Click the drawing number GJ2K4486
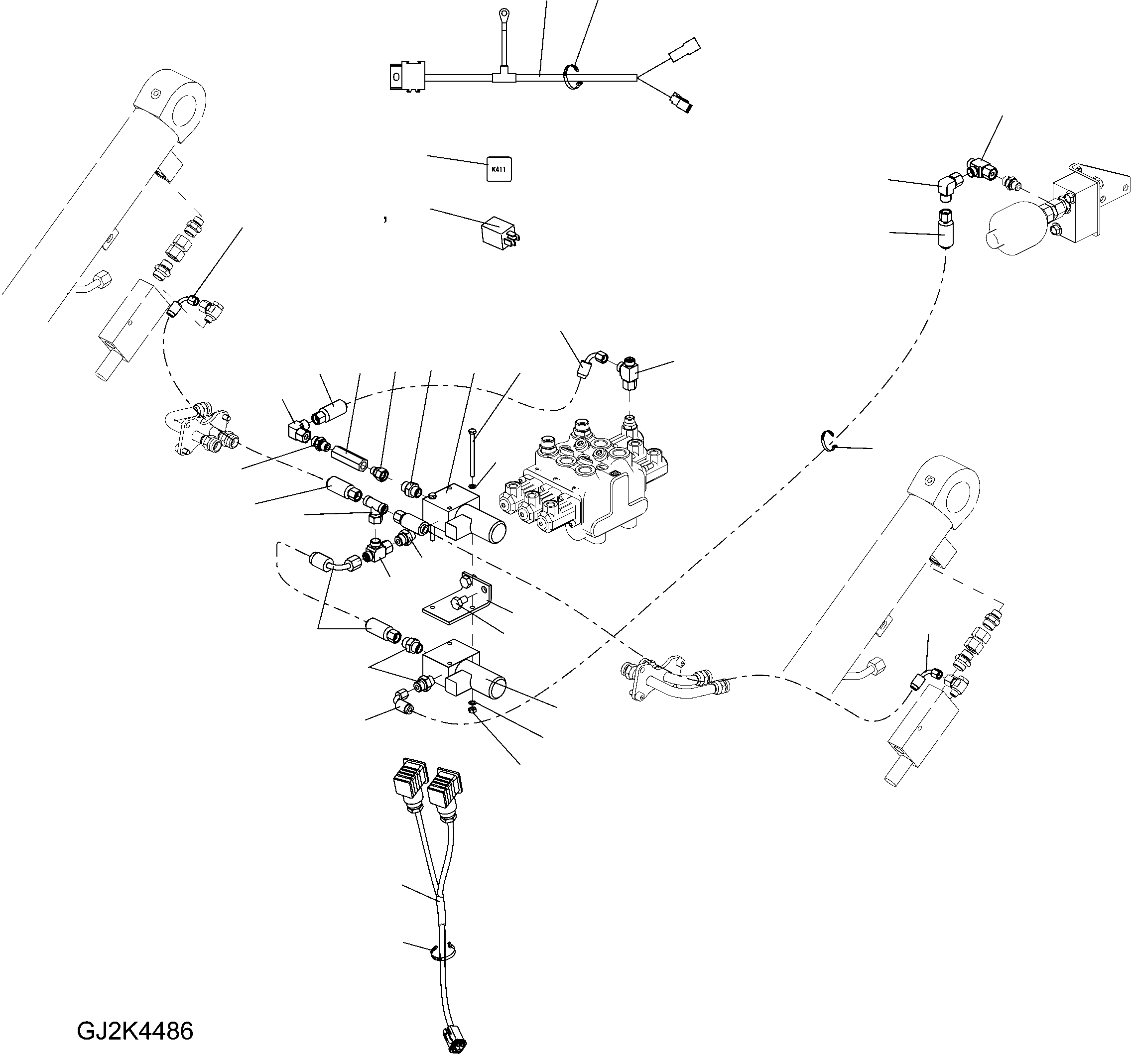(135, 1031)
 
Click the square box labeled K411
(499, 169)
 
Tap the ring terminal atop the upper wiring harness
(503, 12)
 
